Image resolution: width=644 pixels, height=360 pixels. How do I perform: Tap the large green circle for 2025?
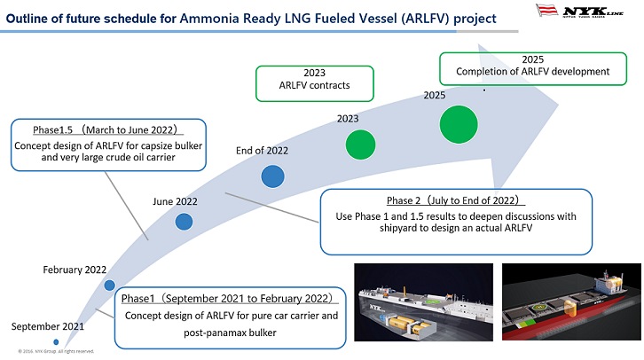(459, 123)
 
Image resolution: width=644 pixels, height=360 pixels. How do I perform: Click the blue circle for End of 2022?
(274, 177)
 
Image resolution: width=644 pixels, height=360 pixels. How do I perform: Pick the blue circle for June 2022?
(184, 222)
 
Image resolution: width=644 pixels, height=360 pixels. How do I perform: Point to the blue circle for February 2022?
(109, 286)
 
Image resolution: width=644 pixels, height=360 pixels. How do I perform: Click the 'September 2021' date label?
(48, 326)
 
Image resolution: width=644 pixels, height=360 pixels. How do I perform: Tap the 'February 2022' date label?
(75, 269)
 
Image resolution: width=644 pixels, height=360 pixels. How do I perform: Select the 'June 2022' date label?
(175, 201)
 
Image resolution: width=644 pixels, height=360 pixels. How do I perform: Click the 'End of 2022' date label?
(262, 151)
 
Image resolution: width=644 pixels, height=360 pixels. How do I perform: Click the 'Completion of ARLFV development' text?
(532, 72)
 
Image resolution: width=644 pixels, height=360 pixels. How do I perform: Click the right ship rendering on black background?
(569, 301)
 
